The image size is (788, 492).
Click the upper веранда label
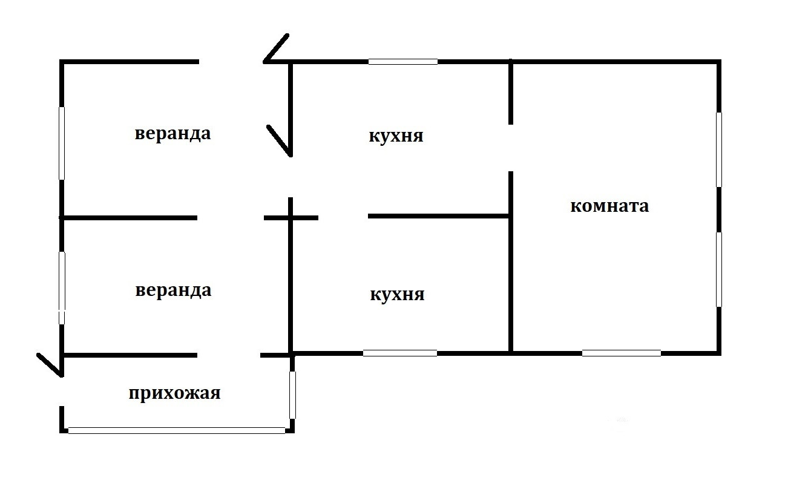click(x=172, y=134)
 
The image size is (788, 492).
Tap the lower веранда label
click(x=173, y=290)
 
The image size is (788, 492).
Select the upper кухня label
click(x=396, y=136)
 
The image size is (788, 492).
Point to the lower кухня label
click(x=396, y=295)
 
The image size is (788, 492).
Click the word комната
click(x=609, y=206)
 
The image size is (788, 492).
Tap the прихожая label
click(x=174, y=394)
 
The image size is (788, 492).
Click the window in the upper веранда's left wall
click(x=61, y=143)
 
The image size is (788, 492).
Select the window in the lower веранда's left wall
click(x=61, y=288)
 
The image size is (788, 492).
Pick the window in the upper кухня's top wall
click(x=403, y=62)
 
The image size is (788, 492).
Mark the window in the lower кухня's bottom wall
click(x=400, y=353)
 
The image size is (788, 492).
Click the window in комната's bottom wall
click(x=621, y=353)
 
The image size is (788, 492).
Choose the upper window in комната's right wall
click(x=718, y=149)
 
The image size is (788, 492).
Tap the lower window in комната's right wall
click(x=718, y=269)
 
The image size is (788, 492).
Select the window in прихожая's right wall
click(x=293, y=395)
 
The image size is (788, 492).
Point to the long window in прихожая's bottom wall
click(x=176, y=430)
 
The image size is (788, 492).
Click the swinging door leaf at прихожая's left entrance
click(x=50, y=364)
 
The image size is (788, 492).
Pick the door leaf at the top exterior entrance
click(x=276, y=48)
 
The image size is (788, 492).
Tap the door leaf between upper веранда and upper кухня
click(x=279, y=140)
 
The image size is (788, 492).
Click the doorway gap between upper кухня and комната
click(x=511, y=148)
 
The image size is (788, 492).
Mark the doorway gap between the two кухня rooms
click(x=343, y=217)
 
